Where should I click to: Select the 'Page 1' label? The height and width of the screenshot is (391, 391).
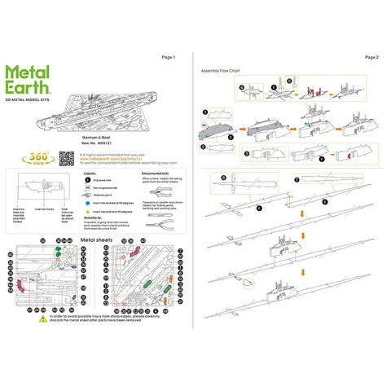(169, 58)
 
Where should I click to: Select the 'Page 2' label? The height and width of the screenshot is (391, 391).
(371, 58)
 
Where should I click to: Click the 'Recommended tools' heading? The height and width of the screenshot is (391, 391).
(155, 174)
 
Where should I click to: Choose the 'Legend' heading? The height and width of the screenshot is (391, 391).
(90, 174)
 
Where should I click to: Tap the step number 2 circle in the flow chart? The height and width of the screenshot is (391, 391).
(205, 146)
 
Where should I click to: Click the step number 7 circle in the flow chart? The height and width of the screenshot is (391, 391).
(297, 178)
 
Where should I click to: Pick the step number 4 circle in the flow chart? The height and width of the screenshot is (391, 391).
(242, 86)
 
